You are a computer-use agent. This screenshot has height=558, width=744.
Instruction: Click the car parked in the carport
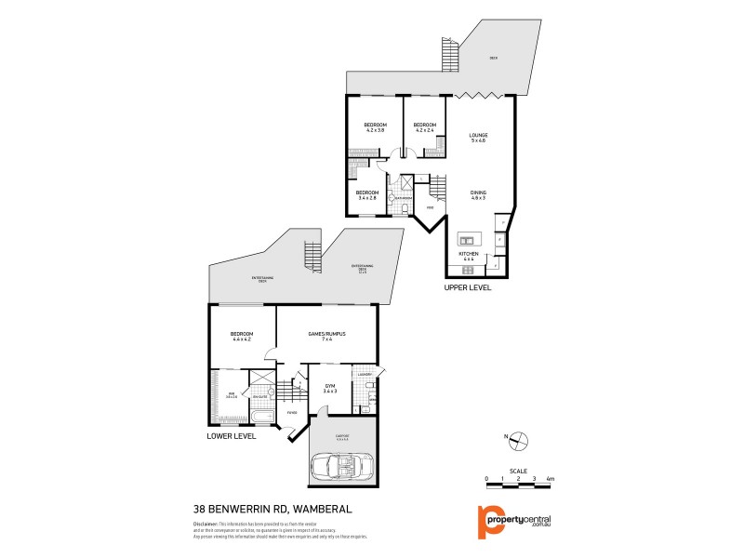(342, 463)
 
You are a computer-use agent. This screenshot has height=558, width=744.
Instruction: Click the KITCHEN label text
(468, 253)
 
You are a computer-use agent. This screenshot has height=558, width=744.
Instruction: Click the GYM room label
(329, 387)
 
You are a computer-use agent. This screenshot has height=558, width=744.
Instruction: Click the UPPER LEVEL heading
(467, 288)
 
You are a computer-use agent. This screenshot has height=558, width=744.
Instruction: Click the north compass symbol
(521, 440)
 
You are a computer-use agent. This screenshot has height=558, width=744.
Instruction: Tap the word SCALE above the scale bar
(518, 472)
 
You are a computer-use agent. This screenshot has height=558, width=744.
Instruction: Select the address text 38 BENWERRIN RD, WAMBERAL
(259, 510)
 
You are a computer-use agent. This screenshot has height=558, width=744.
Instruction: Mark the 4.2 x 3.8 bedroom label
(375, 128)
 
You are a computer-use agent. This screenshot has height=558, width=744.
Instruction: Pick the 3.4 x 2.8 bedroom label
(367, 195)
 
